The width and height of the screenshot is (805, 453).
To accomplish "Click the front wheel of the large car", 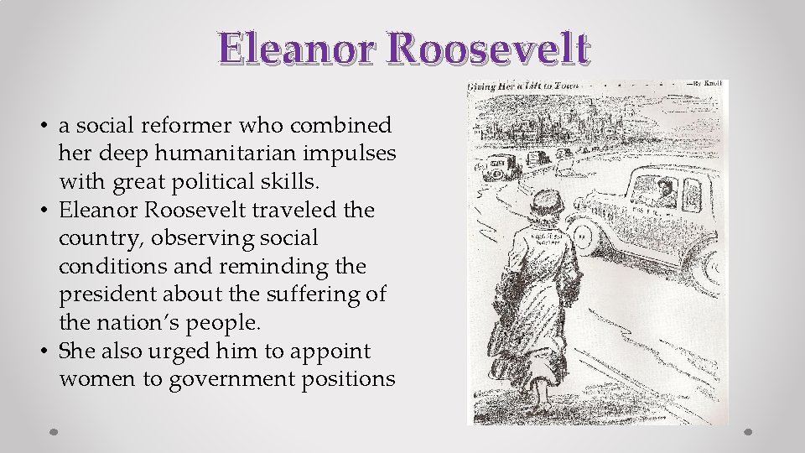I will click(583, 236).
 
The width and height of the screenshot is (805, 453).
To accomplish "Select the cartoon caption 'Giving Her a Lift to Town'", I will click(521, 86).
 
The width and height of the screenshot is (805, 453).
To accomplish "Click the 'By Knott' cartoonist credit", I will click(707, 85).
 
